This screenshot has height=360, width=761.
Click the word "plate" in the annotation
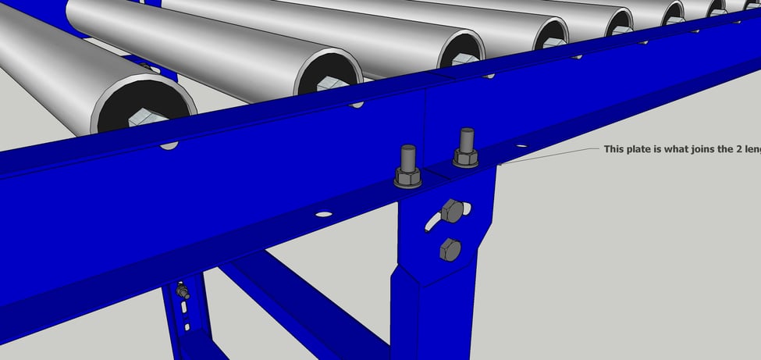[640, 148]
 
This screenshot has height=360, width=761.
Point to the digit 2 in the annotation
[733, 148]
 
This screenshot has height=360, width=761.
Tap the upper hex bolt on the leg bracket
[452, 210]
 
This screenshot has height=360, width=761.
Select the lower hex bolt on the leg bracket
[450, 250]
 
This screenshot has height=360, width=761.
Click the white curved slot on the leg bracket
[432, 221]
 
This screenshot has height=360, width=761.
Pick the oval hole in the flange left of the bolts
[322, 213]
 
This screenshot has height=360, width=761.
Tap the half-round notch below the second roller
[357, 103]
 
